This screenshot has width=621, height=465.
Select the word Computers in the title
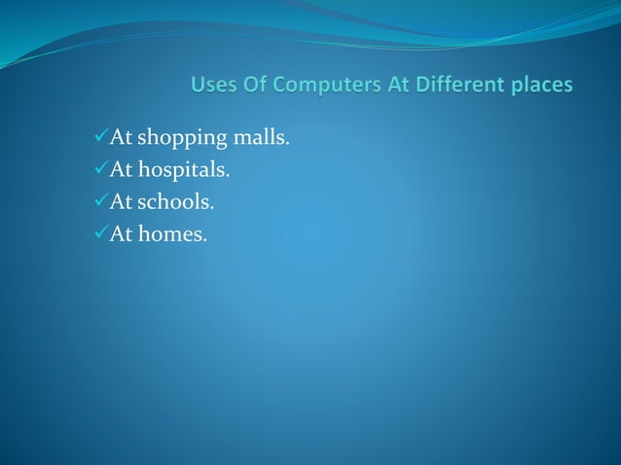(x=327, y=86)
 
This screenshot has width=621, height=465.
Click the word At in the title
(x=399, y=86)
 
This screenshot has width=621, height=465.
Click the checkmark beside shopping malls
(x=96, y=137)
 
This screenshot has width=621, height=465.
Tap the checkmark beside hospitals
(x=96, y=170)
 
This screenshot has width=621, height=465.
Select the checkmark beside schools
(x=96, y=202)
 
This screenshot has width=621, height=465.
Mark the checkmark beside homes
(x=96, y=234)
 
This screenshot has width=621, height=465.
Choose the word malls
(x=260, y=138)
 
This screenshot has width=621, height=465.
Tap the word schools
(x=176, y=202)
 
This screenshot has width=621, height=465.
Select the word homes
(x=172, y=234)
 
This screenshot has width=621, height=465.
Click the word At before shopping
(x=120, y=138)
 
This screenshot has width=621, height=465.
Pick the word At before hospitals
(x=120, y=170)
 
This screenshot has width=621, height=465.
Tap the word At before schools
(x=120, y=202)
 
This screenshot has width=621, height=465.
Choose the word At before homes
(x=120, y=234)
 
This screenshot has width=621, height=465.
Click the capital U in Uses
(x=199, y=86)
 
